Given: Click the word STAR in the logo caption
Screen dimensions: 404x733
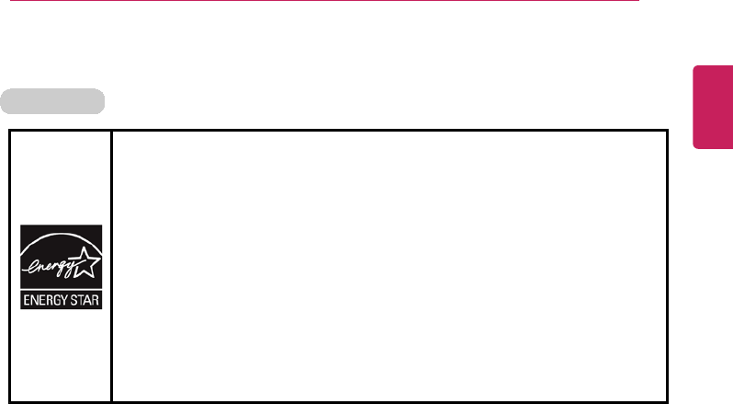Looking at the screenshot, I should coord(85,301).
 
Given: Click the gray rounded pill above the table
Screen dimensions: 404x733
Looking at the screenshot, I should coord(53,99).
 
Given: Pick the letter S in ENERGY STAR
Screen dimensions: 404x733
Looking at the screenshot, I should coord(76,301).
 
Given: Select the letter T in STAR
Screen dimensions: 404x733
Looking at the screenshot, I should coord(82,301).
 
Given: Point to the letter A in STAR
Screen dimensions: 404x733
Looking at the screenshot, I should coord(88,301).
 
